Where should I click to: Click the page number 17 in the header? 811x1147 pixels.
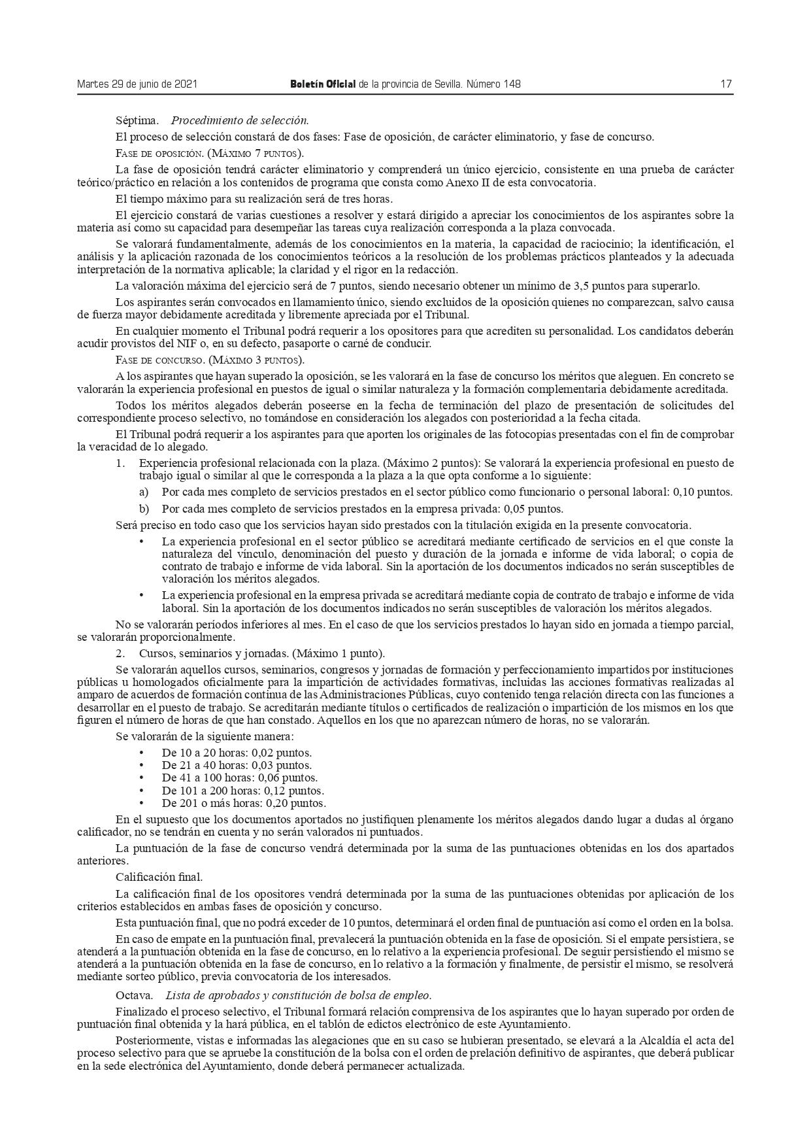(726, 84)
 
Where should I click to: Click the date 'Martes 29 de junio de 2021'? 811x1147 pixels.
(137, 84)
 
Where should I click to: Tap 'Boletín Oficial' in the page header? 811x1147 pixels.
(323, 84)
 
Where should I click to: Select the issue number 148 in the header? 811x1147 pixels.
(512, 84)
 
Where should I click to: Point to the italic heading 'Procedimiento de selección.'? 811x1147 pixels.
(240, 120)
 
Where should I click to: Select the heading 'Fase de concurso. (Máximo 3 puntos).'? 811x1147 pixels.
(209, 360)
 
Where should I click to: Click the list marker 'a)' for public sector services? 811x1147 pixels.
(144, 492)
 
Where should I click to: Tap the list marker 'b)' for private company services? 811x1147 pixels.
(144, 509)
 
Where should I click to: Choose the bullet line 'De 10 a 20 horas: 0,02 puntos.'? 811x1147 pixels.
(237, 753)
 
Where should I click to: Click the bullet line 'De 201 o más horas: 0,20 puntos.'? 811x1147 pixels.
(243, 803)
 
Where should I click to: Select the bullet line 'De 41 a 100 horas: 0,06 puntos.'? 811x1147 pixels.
(239, 778)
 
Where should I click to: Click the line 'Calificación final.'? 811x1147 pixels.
(159, 877)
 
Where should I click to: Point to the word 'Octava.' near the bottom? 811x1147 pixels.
(134, 995)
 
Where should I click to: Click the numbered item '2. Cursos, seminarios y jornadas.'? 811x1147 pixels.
(252, 653)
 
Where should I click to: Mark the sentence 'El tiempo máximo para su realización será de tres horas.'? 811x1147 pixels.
(254, 199)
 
